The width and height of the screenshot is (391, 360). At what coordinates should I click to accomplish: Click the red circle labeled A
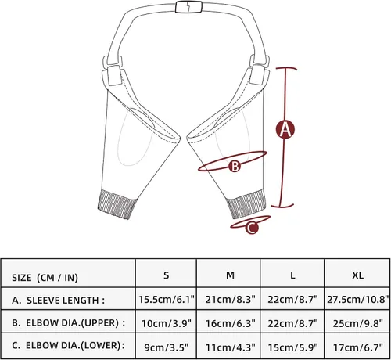click(x=285, y=129)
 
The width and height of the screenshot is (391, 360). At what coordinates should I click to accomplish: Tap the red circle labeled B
click(x=235, y=166)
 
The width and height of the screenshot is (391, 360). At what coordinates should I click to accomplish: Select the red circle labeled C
click(x=252, y=228)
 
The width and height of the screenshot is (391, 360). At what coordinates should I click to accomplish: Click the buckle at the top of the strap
click(x=189, y=7)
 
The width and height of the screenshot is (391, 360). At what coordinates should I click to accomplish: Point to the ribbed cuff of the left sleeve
click(x=117, y=204)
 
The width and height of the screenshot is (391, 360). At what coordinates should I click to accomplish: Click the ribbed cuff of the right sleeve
click(x=246, y=203)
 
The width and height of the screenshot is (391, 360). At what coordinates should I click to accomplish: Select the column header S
click(x=166, y=275)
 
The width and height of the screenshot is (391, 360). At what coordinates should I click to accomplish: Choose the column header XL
click(x=357, y=275)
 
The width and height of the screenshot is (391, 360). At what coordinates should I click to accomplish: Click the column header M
click(x=230, y=275)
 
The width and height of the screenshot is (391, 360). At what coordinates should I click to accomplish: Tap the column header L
click(x=292, y=275)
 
